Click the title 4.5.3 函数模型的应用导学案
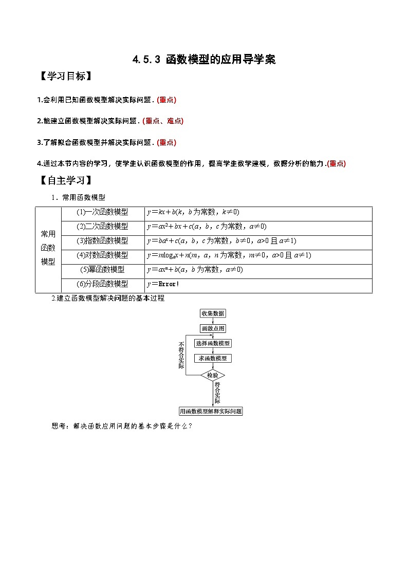click(204, 60)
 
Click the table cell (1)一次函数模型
click(102, 212)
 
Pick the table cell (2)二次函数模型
click(102, 227)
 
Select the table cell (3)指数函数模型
click(102, 241)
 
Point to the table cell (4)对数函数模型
click(102, 255)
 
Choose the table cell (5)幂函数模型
click(102, 270)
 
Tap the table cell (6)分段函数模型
click(102, 284)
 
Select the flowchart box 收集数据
click(212, 313)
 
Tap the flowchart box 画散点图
click(212, 328)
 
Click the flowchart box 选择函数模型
click(212, 343)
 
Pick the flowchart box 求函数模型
click(212, 358)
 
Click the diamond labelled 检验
click(212, 376)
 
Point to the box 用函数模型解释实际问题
click(211, 411)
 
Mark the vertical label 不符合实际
click(181, 355)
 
